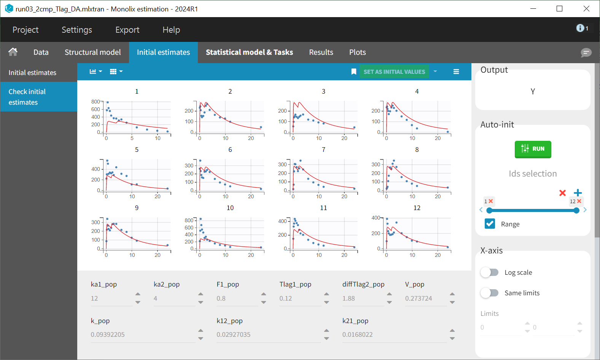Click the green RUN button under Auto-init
click(533, 149)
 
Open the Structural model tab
click(92, 52)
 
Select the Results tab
click(321, 52)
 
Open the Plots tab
click(357, 52)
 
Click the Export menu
click(127, 30)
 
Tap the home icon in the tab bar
click(13, 52)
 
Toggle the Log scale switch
click(489, 272)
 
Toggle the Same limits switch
click(489, 293)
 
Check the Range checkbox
click(490, 224)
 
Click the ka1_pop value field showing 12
click(110, 298)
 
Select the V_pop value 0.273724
click(425, 298)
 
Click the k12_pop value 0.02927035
click(266, 335)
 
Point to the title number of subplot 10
click(230, 208)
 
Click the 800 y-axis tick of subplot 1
click(95, 102)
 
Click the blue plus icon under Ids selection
click(578, 193)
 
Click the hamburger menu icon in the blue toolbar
click(456, 72)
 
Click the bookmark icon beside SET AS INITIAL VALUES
click(353, 72)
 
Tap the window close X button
click(586, 9)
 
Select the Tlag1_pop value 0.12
click(299, 298)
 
